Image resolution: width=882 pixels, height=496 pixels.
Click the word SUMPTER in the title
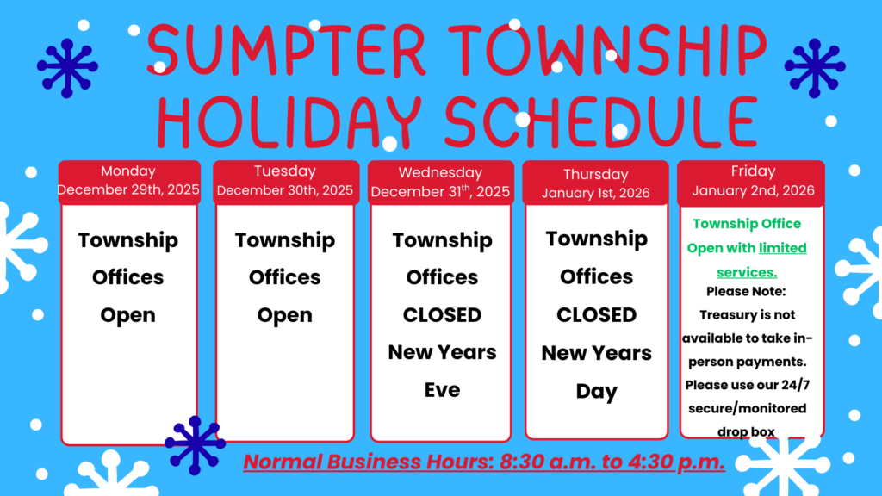click(286, 49)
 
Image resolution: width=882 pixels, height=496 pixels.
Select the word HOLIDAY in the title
click(289, 121)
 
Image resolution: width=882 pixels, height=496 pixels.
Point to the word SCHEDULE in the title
click(600, 121)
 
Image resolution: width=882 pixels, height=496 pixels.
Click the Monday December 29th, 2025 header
click(129, 181)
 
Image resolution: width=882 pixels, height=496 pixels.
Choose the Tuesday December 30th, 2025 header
click(285, 181)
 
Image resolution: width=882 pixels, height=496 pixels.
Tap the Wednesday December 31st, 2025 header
click(440, 183)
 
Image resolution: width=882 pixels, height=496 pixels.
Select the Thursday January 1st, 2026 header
click(596, 183)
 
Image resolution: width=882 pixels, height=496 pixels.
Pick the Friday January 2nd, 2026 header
click(753, 181)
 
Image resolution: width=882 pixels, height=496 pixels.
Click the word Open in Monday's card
click(128, 315)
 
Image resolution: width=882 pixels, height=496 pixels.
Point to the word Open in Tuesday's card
click(285, 315)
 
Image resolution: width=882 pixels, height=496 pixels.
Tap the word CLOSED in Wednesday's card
click(442, 315)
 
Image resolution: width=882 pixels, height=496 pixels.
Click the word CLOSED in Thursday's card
click(596, 315)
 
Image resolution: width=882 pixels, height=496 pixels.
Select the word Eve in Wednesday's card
click(442, 390)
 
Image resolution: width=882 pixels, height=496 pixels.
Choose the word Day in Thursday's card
click(596, 392)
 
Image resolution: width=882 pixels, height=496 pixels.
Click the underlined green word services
click(747, 273)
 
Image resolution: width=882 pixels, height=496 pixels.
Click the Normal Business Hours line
click(484, 462)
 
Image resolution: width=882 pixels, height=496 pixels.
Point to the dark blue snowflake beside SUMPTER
click(67, 67)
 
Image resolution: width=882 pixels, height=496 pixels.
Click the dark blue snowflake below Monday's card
click(196, 445)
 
